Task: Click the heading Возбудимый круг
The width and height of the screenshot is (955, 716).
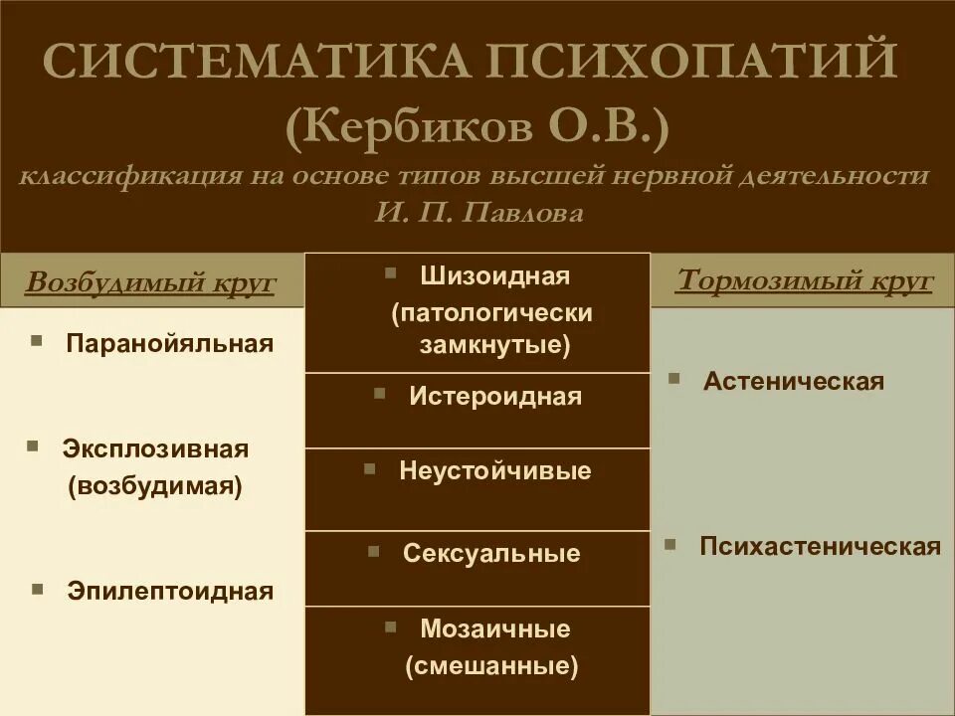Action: [x=150, y=282]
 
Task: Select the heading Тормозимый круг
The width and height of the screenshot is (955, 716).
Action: [x=804, y=280]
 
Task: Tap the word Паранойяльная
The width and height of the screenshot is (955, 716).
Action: [x=169, y=344]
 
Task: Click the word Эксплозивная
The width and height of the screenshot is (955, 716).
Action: [x=155, y=448]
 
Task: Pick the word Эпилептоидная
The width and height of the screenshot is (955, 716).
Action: [x=170, y=591]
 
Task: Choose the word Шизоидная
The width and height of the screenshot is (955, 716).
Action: [x=494, y=275]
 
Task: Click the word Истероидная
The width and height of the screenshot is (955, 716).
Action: [x=494, y=397]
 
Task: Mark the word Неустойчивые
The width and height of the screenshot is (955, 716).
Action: [x=494, y=470]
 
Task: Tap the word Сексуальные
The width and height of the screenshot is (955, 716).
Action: [x=491, y=554]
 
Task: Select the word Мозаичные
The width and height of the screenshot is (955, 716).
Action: [x=494, y=629]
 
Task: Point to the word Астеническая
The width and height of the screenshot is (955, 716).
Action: [x=794, y=382]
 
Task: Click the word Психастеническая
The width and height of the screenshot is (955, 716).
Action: [x=820, y=547]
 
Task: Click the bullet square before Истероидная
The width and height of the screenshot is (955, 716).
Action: [x=379, y=394]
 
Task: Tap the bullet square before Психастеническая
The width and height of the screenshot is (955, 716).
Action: [x=671, y=544]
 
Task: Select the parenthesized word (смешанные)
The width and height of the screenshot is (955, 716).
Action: [x=491, y=667]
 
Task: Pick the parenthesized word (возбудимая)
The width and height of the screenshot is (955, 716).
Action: [x=155, y=488]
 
